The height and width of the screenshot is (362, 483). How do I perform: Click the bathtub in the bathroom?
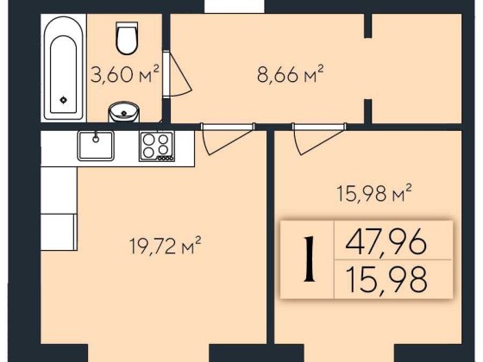(x=64, y=67)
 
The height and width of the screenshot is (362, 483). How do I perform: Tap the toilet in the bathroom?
(x=126, y=38)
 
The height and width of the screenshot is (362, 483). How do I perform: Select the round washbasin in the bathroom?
(x=124, y=112)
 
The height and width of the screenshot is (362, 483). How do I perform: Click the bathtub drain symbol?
(x=64, y=99)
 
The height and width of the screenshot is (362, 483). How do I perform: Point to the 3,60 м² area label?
(x=125, y=74)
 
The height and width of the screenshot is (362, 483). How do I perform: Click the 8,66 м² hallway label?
(x=291, y=74)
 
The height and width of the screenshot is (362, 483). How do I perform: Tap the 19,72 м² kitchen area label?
(x=166, y=246)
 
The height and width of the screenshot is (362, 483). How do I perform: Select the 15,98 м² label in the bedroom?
(x=374, y=193)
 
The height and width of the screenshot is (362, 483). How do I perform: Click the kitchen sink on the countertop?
(x=96, y=146)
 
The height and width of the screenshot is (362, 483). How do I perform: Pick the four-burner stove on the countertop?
(x=157, y=146)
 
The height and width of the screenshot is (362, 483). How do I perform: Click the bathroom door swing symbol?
(x=178, y=74)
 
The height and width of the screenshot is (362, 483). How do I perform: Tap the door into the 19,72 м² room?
(x=228, y=138)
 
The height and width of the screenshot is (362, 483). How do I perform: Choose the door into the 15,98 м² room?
(x=319, y=138)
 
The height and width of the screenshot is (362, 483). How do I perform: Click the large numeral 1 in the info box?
(x=310, y=259)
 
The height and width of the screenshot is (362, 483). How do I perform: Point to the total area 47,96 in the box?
(x=386, y=241)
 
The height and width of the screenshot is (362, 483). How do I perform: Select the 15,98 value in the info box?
(x=387, y=279)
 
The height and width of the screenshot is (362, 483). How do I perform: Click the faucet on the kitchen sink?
(x=96, y=137)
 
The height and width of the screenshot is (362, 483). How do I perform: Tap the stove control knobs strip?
(x=166, y=159)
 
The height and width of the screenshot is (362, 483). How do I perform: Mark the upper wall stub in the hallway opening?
(x=367, y=26)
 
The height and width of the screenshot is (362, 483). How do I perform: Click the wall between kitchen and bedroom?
(x=270, y=236)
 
